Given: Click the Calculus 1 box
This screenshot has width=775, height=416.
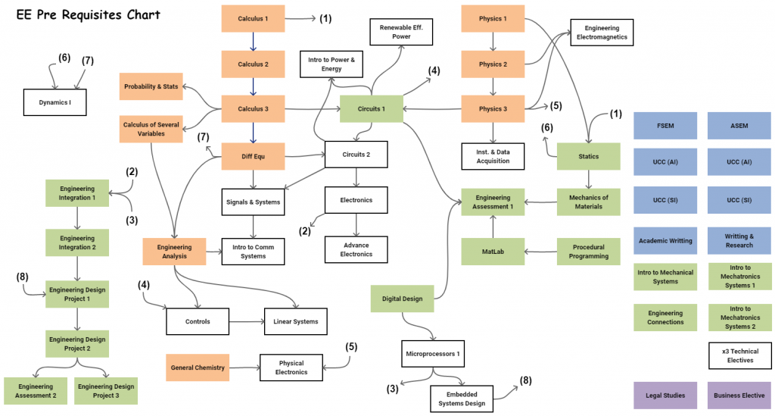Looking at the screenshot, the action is coord(253,19).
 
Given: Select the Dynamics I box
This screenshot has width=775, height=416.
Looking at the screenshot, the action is coord(54,102).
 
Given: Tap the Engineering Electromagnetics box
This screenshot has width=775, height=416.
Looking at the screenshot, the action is coord(602,33).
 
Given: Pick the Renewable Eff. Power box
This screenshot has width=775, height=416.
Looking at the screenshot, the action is coord(401,32).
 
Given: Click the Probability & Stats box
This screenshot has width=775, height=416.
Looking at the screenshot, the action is coord(151,86).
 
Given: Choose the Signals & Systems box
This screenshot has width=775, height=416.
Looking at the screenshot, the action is coord(253,202).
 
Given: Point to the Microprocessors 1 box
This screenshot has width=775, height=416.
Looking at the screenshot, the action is coord(433,354).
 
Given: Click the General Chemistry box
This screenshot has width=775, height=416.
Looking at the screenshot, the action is coord(198,368).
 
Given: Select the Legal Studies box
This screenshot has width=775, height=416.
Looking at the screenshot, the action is coord(665,396).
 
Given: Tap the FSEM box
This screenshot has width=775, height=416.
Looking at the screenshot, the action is coord(665,126).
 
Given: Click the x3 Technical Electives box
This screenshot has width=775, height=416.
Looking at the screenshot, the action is coord(740,355).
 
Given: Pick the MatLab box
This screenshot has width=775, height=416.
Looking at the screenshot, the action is coord(493,252).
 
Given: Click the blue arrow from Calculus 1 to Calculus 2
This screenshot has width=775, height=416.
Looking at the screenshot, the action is coord(253,42).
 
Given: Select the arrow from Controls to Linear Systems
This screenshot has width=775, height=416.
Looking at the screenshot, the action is coord(247,321).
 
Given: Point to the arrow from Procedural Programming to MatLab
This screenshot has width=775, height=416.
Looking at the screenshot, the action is coord(540,252).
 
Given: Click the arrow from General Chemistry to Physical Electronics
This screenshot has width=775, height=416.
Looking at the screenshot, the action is coord(244,368).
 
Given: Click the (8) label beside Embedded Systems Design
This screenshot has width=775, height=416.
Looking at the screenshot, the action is coord(525,380).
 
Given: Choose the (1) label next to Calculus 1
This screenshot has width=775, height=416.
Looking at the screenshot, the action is coord(325,19).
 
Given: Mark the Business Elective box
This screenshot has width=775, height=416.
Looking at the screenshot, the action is coord(739,396).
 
